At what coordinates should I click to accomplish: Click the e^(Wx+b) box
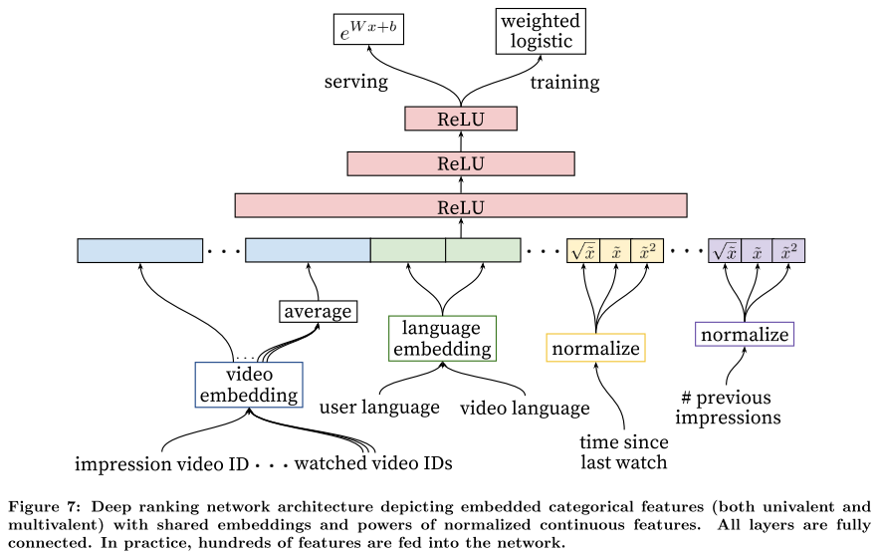click(368, 30)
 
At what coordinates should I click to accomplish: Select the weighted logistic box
click(541, 32)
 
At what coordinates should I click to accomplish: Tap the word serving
click(356, 82)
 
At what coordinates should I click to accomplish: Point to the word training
click(564, 83)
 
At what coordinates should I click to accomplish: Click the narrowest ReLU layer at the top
click(461, 119)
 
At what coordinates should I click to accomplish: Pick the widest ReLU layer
click(461, 206)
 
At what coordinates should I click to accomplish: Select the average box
click(318, 311)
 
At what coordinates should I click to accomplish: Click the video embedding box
click(249, 385)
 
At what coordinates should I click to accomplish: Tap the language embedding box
click(442, 338)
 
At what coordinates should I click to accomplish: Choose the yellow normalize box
click(595, 348)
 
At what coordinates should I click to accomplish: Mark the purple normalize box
click(745, 335)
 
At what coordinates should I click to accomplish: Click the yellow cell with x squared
click(647, 251)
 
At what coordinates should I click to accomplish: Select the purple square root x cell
click(725, 251)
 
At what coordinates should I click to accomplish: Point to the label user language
click(379, 408)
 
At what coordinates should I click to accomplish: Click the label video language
click(525, 408)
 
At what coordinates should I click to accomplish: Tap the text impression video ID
click(161, 464)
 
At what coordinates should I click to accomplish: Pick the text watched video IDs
click(373, 463)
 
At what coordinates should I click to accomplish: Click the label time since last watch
click(624, 452)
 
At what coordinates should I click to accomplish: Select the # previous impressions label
click(728, 408)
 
